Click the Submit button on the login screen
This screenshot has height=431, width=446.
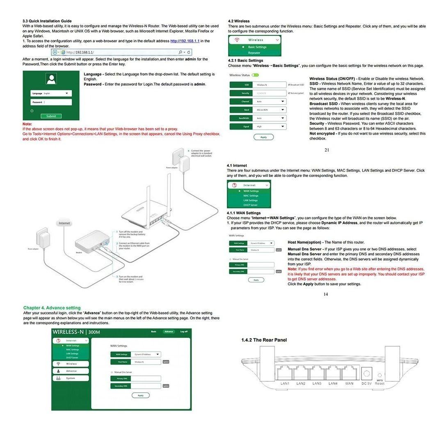[51, 116]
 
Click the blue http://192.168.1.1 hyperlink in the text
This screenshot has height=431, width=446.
[185, 41]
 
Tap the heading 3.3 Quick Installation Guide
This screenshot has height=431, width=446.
[47, 21]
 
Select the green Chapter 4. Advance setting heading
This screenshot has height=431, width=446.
[52, 308]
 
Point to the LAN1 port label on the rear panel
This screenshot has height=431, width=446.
[285, 383]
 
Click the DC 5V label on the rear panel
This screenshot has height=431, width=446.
[366, 383]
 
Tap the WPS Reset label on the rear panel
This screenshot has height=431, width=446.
[380, 382]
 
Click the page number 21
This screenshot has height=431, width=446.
[327, 150]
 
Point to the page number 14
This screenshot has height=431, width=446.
[326, 294]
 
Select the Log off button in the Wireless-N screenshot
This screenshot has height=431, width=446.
[184, 331]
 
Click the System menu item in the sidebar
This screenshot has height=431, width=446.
[71, 378]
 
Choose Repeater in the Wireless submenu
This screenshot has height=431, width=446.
[254, 53]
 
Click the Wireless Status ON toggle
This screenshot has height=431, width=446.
[256, 75]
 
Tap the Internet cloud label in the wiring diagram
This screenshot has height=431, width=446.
[64, 223]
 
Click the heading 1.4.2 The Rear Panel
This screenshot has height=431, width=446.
[264, 340]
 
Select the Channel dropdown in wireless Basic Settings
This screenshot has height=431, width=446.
[270, 101]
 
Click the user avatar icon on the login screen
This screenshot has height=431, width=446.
[51, 79]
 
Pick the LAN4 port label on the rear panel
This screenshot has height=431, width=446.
[333, 383]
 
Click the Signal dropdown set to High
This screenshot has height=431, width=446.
[270, 127]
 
